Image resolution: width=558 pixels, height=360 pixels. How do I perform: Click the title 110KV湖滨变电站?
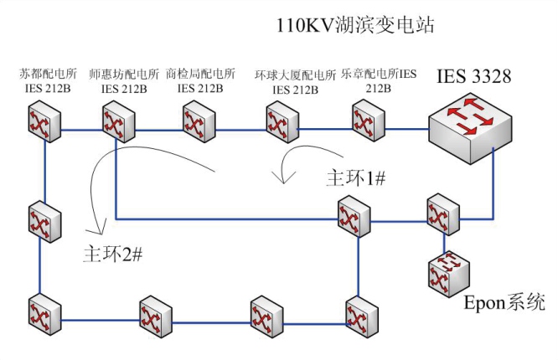click(355, 26)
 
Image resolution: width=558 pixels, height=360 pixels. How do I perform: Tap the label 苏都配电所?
click(48, 74)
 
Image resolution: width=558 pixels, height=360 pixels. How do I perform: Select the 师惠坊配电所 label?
click(124, 74)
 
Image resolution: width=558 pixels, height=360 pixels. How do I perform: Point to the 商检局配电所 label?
click(200, 74)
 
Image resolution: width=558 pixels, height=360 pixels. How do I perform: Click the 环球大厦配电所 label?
click(295, 75)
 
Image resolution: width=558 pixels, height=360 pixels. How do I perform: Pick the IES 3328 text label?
click(473, 76)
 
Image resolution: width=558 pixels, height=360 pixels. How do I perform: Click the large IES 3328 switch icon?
click(471, 129)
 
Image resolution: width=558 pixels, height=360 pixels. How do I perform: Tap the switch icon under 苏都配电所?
click(44, 121)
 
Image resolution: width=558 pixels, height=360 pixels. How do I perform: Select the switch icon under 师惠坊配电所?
click(118, 121)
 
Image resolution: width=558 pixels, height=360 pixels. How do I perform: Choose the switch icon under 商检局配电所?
click(199, 121)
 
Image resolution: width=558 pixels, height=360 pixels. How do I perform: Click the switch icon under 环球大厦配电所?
click(282, 122)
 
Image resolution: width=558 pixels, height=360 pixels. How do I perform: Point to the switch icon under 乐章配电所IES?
click(369, 121)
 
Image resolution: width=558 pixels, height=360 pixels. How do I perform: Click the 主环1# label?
click(356, 177)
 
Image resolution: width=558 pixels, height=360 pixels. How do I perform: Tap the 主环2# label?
click(113, 254)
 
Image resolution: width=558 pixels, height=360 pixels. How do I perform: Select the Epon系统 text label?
click(504, 303)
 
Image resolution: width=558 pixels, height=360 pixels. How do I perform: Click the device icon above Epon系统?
click(449, 274)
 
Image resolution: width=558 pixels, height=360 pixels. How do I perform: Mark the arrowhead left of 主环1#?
click(284, 177)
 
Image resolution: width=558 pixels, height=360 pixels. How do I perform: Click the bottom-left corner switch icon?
click(44, 315)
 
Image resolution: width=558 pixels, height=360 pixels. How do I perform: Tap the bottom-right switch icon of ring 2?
click(362, 317)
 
